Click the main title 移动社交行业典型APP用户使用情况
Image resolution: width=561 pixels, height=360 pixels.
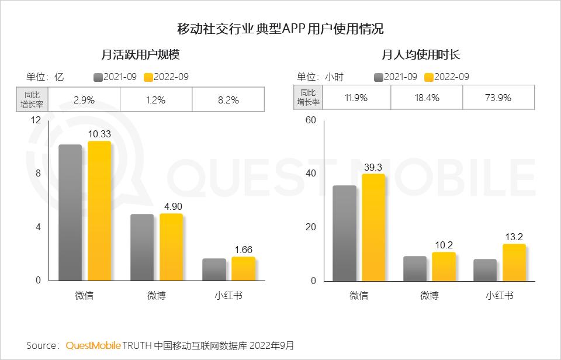[x=280, y=29]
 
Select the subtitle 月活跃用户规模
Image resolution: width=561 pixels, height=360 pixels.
[x=140, y=55]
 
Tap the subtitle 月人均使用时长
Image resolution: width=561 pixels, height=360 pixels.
[x=421, y=55]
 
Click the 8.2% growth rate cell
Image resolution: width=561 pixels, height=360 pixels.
[x=228, y=99]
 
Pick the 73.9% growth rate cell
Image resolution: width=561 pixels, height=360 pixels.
[x=498, y=98]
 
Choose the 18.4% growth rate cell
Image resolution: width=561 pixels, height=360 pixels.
[x=427, y=98]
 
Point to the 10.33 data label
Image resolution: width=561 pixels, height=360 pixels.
[x=99, y=134]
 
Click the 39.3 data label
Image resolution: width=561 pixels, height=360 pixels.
[x=373, y=167]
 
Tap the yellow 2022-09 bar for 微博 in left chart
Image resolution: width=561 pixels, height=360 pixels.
[x=171, y=247]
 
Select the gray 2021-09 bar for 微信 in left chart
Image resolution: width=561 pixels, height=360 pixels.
[x=70, y=212]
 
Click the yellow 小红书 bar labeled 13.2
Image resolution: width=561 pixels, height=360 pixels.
[x=514, y=262]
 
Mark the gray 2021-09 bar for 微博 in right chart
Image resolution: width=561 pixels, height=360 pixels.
[x=415, y=268]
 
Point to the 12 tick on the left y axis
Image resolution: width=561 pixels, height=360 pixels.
[x=36, y=120]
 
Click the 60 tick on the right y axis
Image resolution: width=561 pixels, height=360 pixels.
[x=310, y=120]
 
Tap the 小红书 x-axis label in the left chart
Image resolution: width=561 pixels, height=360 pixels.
[x=228, y=296]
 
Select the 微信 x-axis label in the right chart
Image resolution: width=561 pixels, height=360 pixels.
[x=359, y=296]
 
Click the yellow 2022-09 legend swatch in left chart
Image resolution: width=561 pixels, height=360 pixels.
[x=148, y=77]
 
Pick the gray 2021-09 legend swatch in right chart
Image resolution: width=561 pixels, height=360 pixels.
[x=379, y=77]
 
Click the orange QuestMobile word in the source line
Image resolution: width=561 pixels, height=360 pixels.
[x=92, y=346]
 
